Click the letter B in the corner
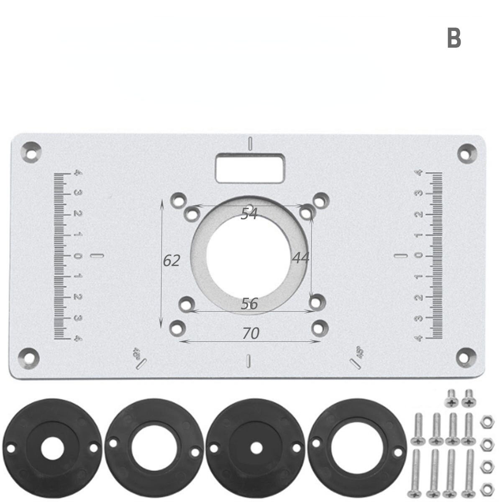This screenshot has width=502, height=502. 454,38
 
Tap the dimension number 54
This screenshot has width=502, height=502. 249,214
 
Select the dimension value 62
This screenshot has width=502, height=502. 171,261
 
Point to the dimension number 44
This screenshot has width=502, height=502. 300,258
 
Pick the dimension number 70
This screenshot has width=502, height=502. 251,334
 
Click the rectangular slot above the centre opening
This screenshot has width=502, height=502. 250,168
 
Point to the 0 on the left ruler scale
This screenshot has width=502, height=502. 77,256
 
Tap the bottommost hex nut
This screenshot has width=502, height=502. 486,487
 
